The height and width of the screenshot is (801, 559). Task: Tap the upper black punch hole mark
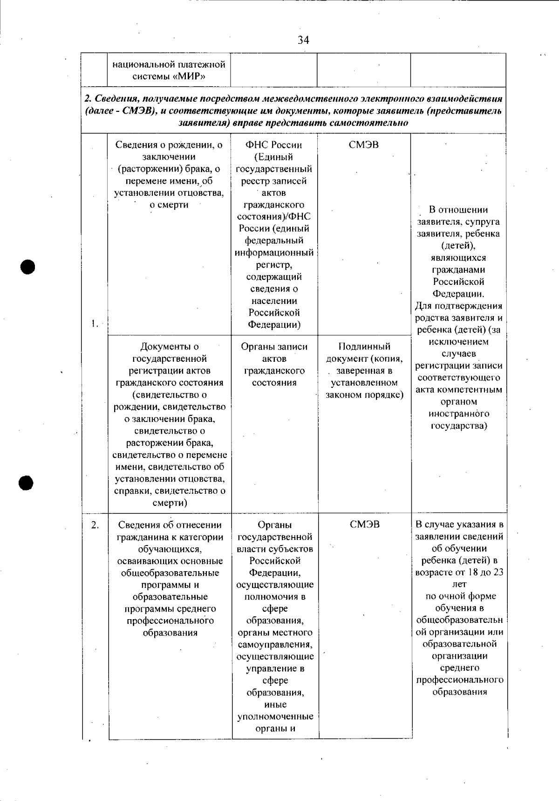(28, 268)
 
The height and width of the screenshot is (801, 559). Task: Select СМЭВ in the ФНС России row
(363, 145)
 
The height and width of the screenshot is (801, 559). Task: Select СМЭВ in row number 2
(365, 525)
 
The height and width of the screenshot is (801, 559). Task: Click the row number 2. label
(95, 525)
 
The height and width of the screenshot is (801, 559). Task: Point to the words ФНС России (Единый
(274, 151)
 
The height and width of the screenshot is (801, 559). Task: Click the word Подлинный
(364, 346)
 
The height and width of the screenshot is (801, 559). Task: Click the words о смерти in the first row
(169, 205)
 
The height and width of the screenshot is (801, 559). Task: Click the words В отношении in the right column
(458, 210)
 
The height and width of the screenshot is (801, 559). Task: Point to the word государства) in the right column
(459, 426)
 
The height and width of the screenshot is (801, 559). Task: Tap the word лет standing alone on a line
(459, 584)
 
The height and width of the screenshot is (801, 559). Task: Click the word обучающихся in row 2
(170, 549)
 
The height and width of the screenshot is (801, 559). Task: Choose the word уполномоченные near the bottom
(275, 716)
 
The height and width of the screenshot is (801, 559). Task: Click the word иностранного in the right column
(459, 414)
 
